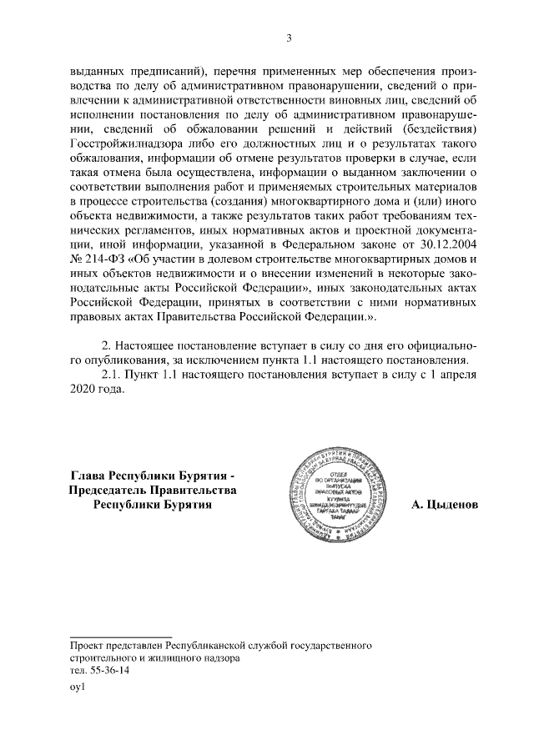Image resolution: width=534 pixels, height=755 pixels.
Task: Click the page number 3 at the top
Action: pyautogui.click(x=289, y=38)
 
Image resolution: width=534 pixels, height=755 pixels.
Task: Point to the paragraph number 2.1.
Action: pyautogui.click(x=110, y=375)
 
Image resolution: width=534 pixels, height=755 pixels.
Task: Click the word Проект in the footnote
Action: pyautogui.click(x=86, y=646)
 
